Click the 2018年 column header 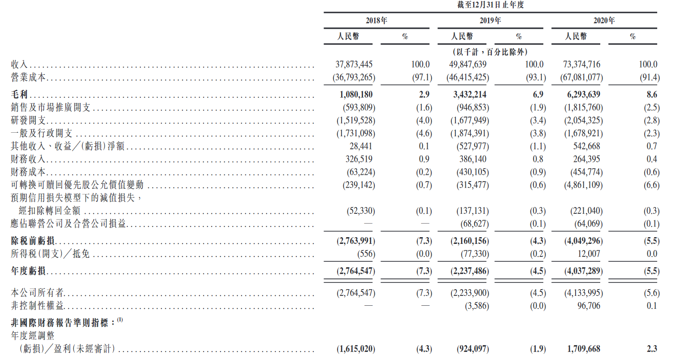[x=376, y=21]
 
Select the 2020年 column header [x=604, y=21]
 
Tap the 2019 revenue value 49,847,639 [x=468, y=64]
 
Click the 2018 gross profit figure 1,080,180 [x=356, y=95]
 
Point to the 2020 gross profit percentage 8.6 [x=652, y=95]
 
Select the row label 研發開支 [x=28, y=121]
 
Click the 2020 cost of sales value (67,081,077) [x=581, y=78]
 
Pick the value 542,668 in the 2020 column [x=587, y=146]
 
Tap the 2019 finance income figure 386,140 [x=473, y=159]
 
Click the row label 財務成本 [x=28, y=172]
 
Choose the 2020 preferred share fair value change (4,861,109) [x=583, y=185]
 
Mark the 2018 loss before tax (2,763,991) [x=356, y=241]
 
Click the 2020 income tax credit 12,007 [x=589, y=254]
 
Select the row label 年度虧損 [x=28, y=271]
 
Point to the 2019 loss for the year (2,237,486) [x=470, y=271]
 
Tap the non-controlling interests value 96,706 [x=589, y=306]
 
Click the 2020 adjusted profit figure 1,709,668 [x=584, y=349]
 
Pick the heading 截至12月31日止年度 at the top [x=490, y=5]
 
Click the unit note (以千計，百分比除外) [x=490, y=52]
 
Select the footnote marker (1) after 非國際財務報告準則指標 [x=120, y=320]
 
